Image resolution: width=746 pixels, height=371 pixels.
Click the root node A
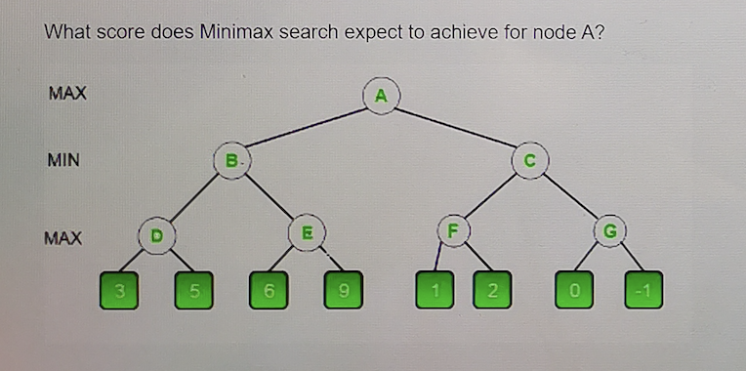tap(381, 95)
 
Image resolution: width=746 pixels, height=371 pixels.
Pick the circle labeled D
tap(155, 234)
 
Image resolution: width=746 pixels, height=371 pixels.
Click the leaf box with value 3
tap(117, 291)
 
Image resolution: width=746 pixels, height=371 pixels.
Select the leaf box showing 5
tap(193, 291)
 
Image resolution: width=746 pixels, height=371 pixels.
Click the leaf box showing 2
tap(492, 291)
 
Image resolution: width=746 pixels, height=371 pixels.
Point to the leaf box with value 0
tap(574, 291)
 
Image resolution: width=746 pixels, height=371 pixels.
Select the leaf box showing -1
tap(643, 291)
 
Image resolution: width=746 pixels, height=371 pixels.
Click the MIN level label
tap(62, 158)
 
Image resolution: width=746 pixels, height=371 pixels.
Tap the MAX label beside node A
tap(67, 94)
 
